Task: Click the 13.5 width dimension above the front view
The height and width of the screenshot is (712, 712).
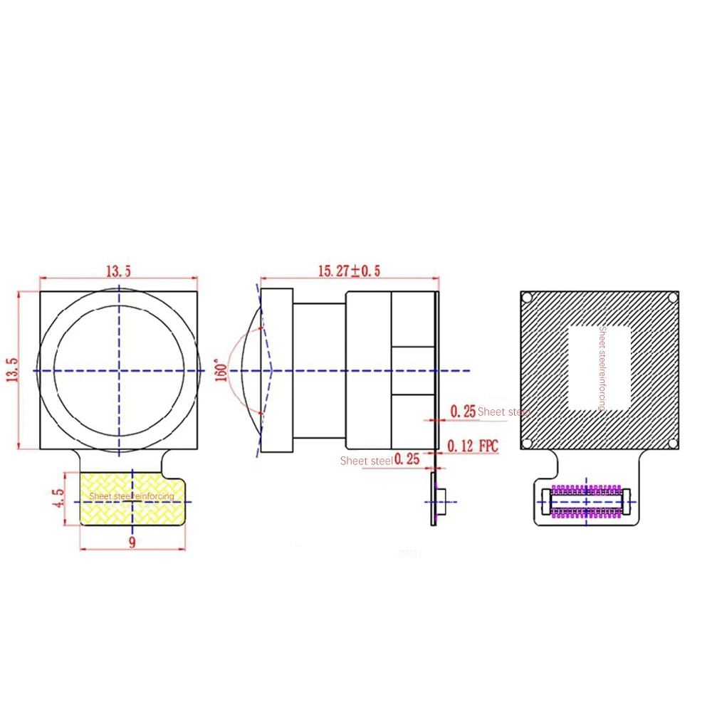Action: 118,271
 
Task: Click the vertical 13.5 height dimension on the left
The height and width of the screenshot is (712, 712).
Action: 12,370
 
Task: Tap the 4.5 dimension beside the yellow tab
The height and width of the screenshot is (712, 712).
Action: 59,497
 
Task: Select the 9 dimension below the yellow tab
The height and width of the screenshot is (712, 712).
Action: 132,543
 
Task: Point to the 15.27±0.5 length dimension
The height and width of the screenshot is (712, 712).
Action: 349,271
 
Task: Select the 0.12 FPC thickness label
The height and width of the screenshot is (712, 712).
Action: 473,446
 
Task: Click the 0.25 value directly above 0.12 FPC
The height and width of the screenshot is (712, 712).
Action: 463,412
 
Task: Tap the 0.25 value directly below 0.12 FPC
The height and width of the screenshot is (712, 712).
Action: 407,460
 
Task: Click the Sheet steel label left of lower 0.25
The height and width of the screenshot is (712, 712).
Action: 366,461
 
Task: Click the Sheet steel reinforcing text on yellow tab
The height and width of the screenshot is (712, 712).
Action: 132,496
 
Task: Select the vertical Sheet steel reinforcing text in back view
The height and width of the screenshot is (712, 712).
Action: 602,368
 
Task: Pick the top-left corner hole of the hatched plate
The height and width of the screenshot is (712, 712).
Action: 528,298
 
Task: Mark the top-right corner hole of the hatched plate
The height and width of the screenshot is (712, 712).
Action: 672,298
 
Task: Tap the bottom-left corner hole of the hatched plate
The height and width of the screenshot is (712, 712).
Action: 527,444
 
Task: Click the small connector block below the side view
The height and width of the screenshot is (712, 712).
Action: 441,501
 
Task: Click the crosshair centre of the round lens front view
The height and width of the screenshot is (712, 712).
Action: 119,370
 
